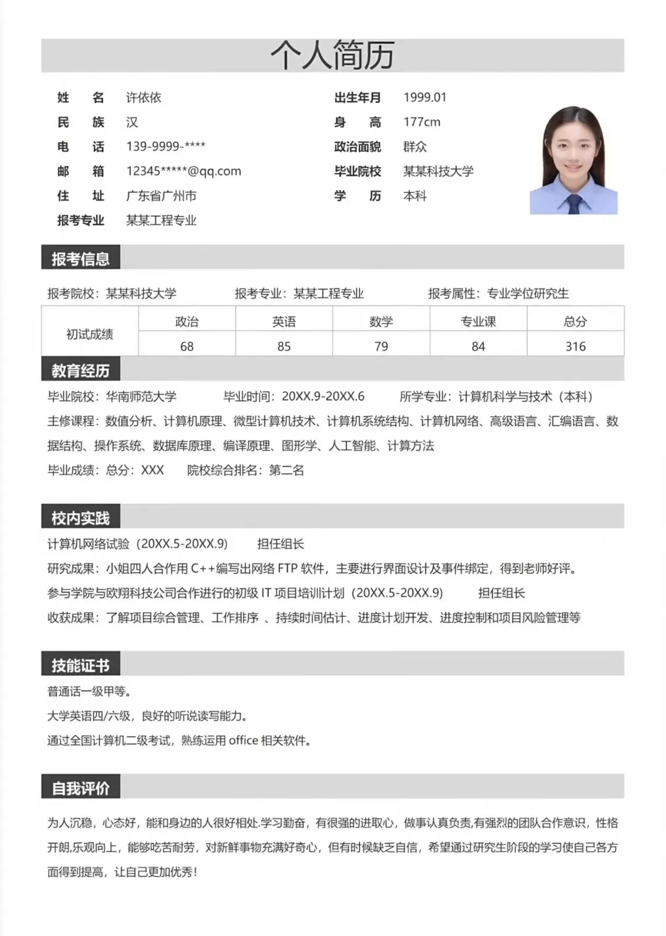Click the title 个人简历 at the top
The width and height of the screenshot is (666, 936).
pyautogui.click(x=332, y=55)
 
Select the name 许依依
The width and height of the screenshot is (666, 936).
pyautogui.click(x=144, y=97)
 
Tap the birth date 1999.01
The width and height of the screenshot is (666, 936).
pyautogui.click(x=425, y=97)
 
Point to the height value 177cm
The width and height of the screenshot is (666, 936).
pyautogui.click(x=422, y=122)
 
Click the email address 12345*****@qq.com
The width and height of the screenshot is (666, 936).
pyautogui.click(x=184, y=171)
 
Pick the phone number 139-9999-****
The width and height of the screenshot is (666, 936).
pyautogui.click(x=166, y=147)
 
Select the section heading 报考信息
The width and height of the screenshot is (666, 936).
pyautogui.click(x=81, y=259)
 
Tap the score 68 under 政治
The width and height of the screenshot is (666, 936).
pyautogui.click(x=187, y=347)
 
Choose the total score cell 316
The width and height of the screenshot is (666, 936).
pyautogui.click(x=575, y=347)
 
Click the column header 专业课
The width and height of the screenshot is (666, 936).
pyautogui.click(x=479, y=321)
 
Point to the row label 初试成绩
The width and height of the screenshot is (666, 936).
pyautogui.click(x=90, y=334)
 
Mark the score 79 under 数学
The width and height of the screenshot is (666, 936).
pyautogui.click(x=381, y=347)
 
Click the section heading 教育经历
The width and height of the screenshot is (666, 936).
pyautogui.click(x=81, y=371)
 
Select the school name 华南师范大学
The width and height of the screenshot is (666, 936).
pyautogui.click(x=141, y=396)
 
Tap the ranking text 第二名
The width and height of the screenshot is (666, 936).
pyautogui.click(x=287, y=470)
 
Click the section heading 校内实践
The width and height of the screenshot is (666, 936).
pyautogui.click(x=81, y=518)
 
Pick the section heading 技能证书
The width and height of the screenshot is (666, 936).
pyautogui.click(x=81, y=665)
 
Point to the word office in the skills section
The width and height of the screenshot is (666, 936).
pyautogui.click(x=243, y=741)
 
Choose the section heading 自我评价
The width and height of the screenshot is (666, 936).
pyautogui.click(x=81, y=788)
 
